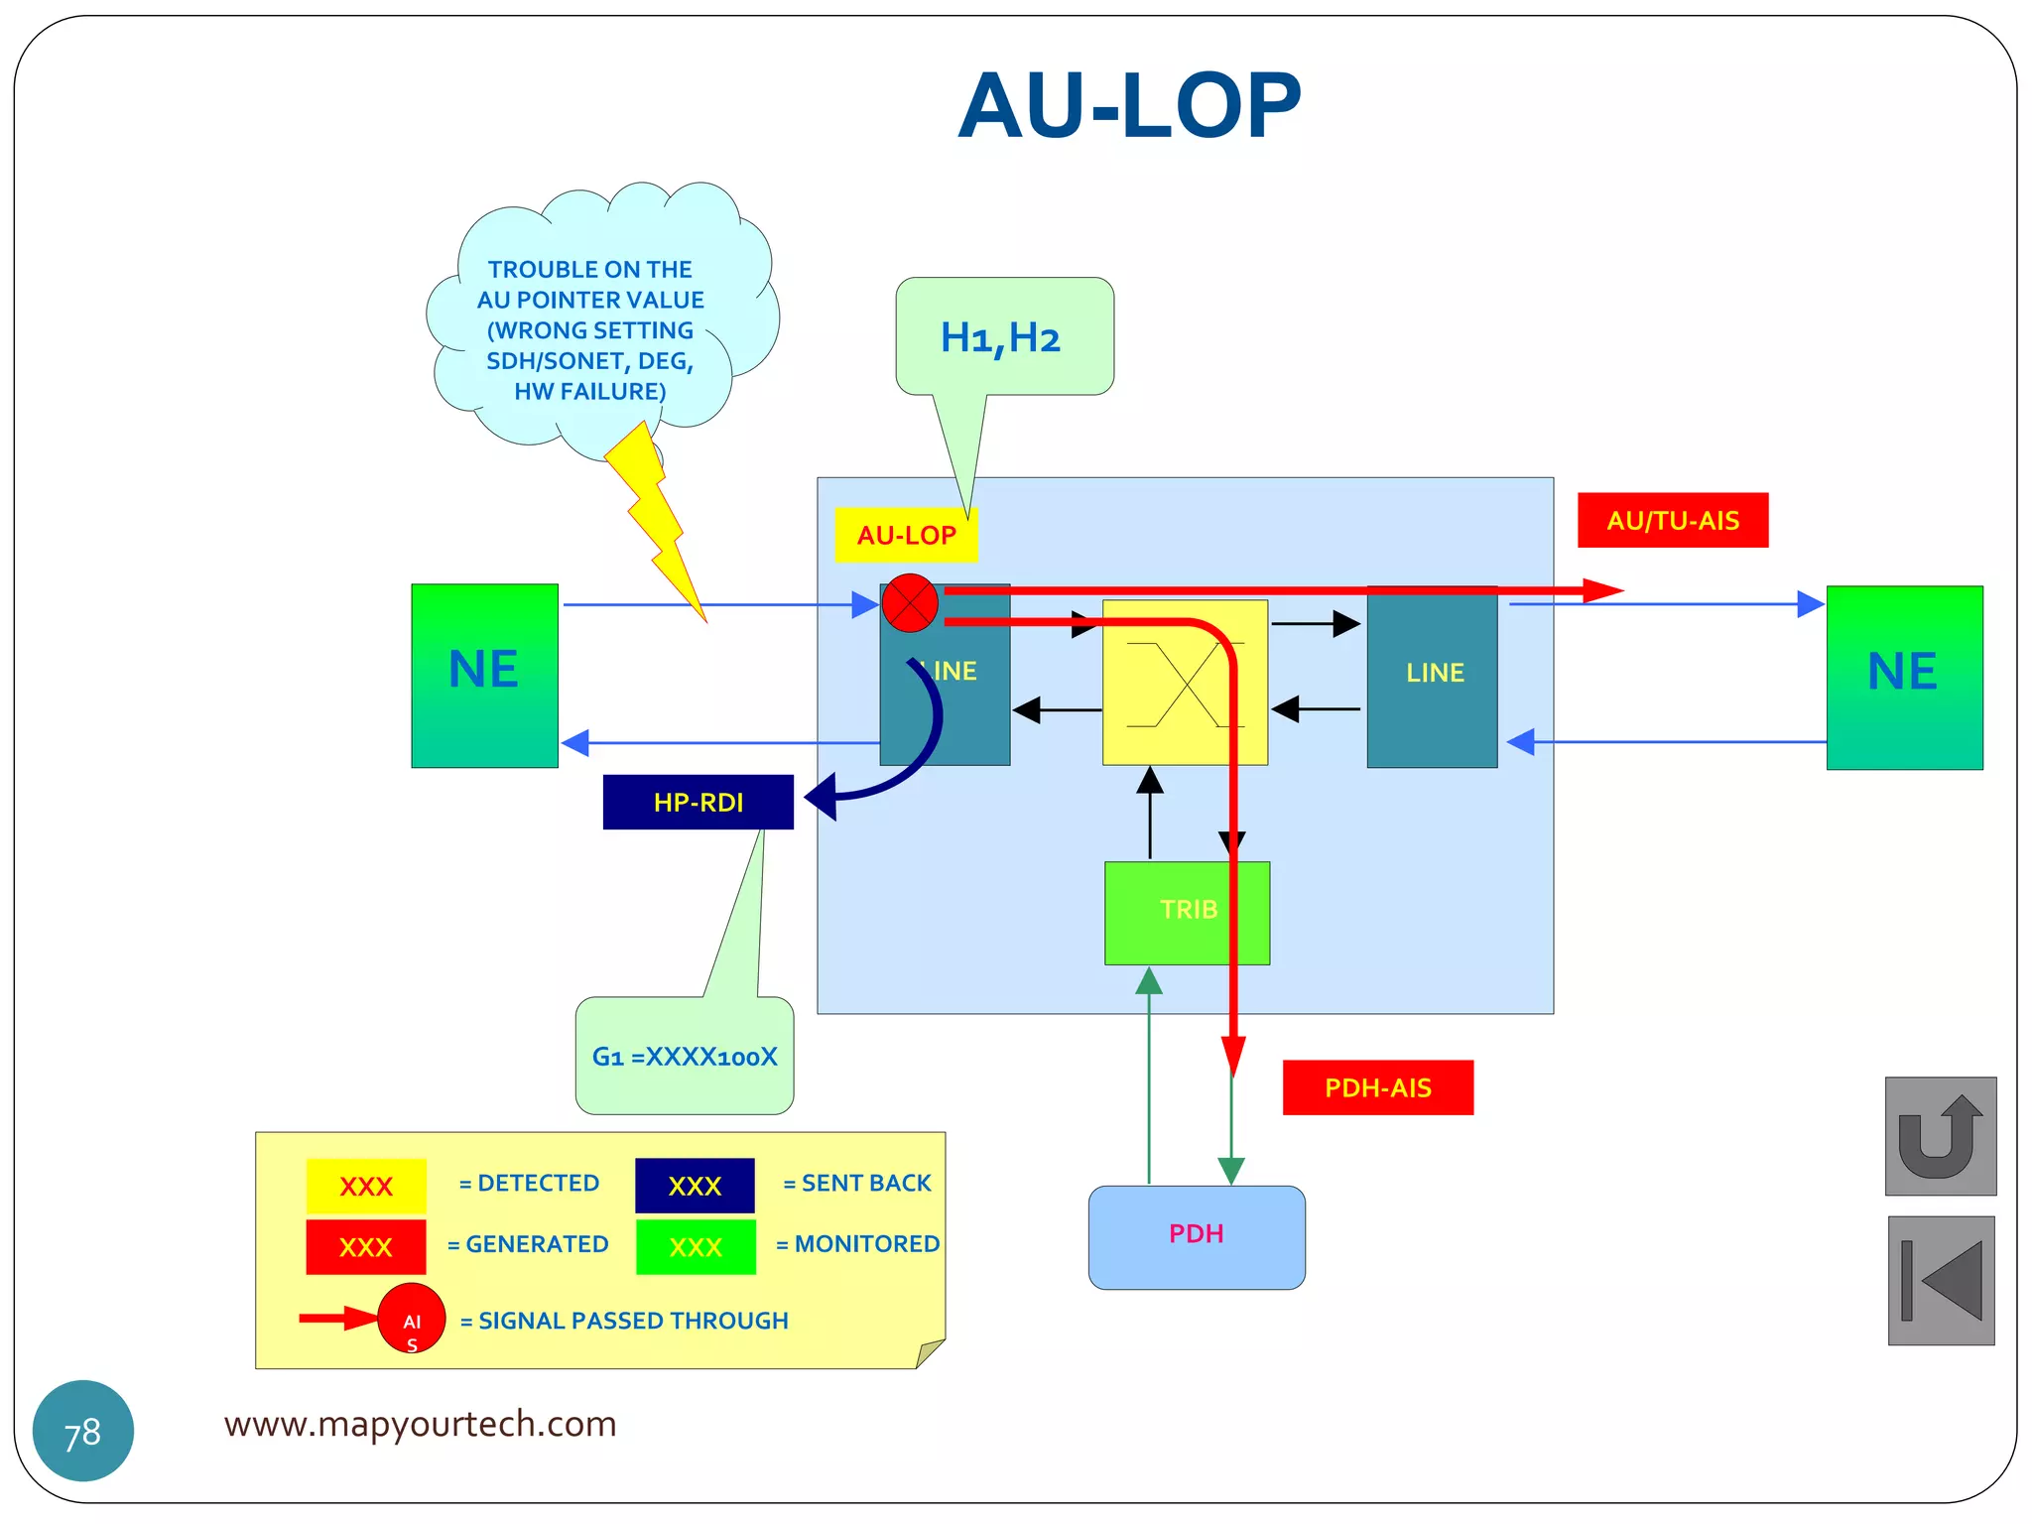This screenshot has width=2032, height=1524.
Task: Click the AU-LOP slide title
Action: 1129,106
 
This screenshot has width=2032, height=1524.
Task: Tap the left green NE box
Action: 484,675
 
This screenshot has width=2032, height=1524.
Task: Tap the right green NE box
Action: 1904,677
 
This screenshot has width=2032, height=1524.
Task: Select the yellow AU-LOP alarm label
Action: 905,535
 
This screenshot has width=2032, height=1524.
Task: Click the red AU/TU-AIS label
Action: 1673,520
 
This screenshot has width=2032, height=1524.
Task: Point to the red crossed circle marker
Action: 910,602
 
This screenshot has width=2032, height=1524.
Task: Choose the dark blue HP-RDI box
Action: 698,802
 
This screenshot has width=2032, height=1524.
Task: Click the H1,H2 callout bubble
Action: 1003,337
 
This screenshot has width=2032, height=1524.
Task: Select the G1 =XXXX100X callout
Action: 685,1056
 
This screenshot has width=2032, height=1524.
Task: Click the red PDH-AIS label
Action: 1377,1087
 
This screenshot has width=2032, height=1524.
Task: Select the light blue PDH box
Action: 1197,1236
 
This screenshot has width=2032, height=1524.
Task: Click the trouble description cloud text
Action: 590,329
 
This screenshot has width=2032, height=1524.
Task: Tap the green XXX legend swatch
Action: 696,1246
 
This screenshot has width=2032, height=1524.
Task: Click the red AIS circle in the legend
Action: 412,1319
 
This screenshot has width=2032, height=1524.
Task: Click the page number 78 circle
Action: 83,1431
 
